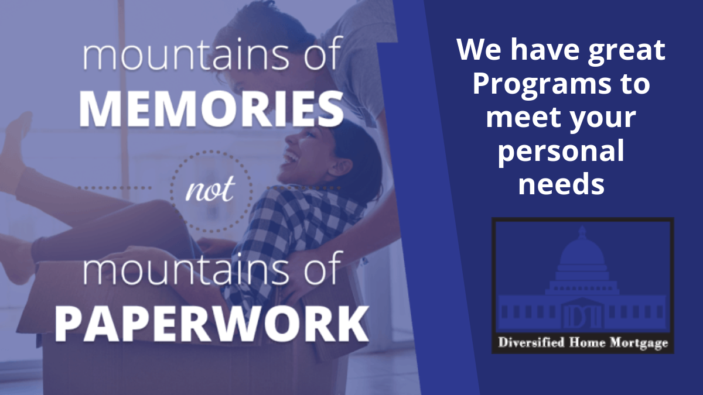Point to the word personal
coord(561,152)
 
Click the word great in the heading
coord(626,51)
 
